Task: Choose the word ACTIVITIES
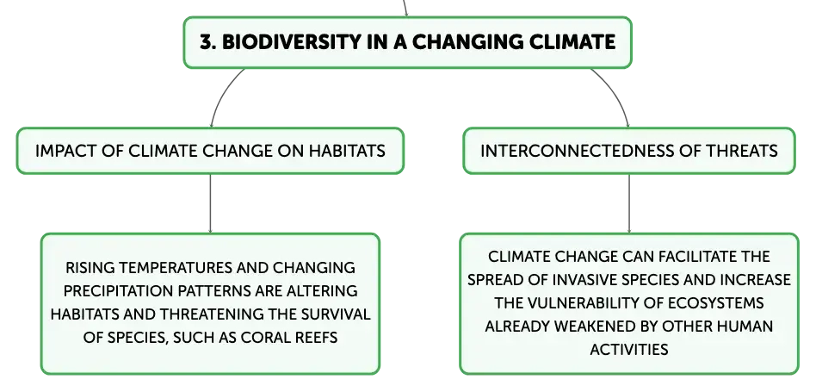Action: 629,349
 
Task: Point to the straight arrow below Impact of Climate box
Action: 210,203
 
